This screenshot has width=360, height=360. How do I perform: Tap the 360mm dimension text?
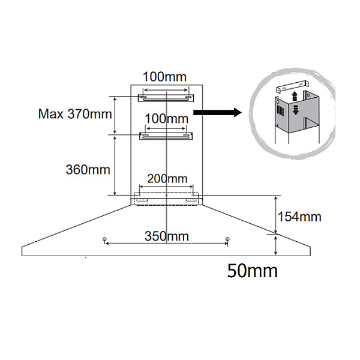pos(88,169)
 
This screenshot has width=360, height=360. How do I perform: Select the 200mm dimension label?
pos(165,179)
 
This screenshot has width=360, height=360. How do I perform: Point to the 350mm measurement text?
pos(166,236)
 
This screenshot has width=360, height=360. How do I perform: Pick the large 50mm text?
pos(253,271)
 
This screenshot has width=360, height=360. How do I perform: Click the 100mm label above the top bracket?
pos(165,76)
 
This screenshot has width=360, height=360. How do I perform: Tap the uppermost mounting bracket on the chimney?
pos(165,97)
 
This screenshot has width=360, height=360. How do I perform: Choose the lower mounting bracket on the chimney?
pos(165,136)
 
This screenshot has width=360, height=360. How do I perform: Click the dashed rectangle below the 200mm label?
pos(166,197)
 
